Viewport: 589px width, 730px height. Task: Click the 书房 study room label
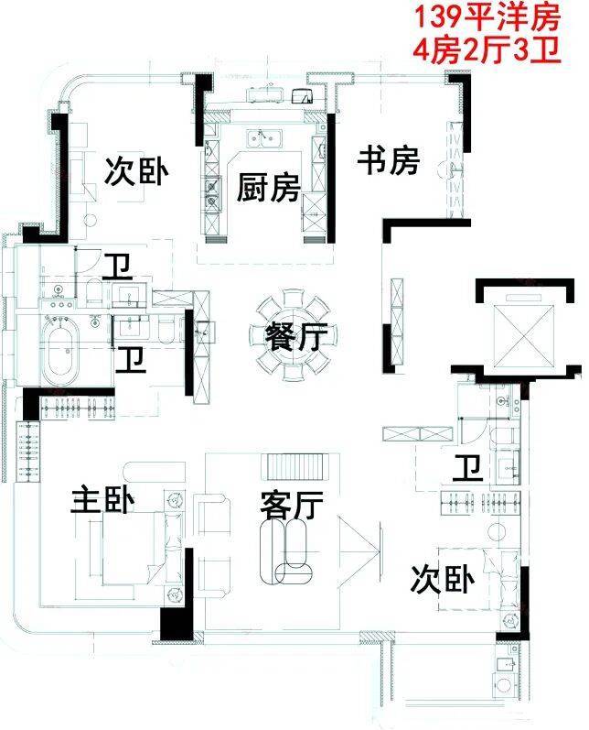pyautogui.click(x=388, y=161)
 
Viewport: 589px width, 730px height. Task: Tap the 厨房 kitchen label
pyautogui.click(x=267, y=188)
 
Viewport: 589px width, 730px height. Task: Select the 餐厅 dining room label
pyautogui.click(x=296, y=336)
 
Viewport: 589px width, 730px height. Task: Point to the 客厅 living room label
pyautogui.click(x=292, y=506)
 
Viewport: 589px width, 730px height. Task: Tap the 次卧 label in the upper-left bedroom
pyautogui.click(x=136, y=171)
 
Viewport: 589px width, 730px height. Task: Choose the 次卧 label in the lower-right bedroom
pyautogui.click(x=442, y=580)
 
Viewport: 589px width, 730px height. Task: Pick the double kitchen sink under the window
pyautogui.click(x=264, y=138)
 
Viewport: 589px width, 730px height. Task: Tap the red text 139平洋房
pyautogui.click(x=487, y=16)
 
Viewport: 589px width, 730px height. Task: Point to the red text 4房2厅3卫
pyautogui.click(x=487, y=51)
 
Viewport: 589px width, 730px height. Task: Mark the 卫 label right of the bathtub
pyautogui.click(x=131, y=360)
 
